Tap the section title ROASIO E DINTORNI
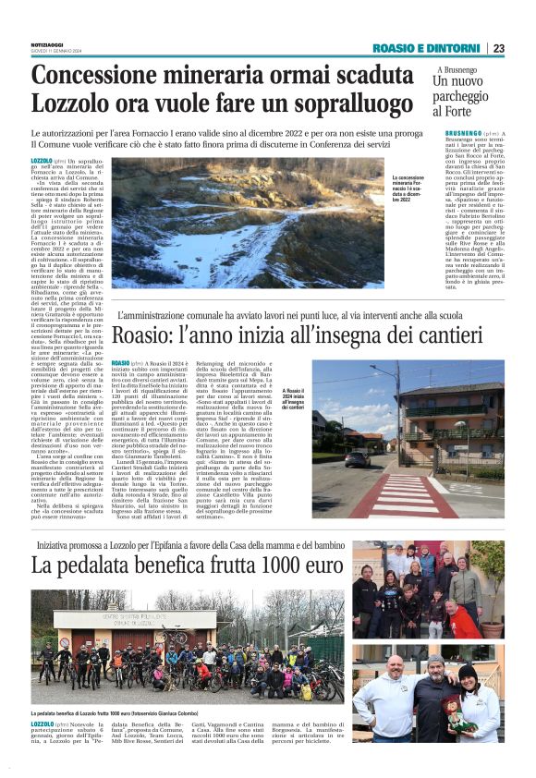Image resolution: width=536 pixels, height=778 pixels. pos(428,48)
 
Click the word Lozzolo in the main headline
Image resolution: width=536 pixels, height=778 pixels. pos(73,102)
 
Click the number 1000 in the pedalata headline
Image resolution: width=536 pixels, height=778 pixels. pos(263,564)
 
